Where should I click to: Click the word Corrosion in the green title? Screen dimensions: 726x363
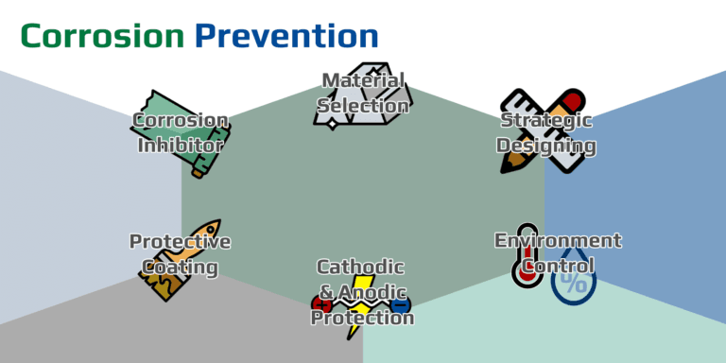tap(102, 36)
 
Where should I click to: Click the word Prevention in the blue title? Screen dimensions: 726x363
tap(286, 36)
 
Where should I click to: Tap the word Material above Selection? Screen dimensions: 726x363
tap(363, 80)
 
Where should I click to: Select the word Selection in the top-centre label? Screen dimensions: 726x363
tap(363, 105)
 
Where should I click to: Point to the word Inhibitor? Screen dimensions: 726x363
tap(181, 146)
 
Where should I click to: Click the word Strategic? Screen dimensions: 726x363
tap(546, 120)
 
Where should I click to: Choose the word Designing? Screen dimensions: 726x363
tap(546, 146)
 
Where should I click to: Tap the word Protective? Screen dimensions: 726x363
tap(180, 241)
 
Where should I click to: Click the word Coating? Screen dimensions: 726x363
tap(180, 268)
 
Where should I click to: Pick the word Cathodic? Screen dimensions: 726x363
tap(360, 267)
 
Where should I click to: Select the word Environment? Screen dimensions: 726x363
tap(558, 240)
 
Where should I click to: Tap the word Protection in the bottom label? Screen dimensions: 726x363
tap(363, 318)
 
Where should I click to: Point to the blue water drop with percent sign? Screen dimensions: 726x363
tap(574, 279)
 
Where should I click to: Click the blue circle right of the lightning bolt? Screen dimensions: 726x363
tap(400, 304)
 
